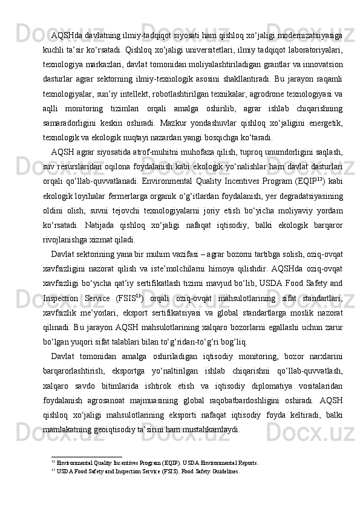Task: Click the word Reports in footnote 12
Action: click(x=244, y=463)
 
